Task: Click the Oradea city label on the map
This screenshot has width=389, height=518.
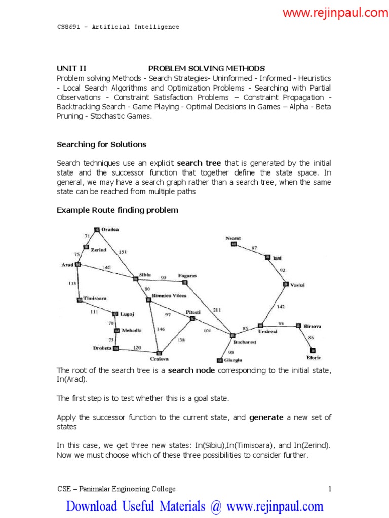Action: pos(110,229)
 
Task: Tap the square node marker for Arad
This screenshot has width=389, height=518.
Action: pos(77,264)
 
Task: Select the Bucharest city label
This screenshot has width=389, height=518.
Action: pos(246,342)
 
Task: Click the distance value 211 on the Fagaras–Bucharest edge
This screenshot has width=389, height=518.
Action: pos(217,310)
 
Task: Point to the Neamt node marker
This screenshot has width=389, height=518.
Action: pos(234,244)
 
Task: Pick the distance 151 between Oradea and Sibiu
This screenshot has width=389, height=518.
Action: pos(123,251)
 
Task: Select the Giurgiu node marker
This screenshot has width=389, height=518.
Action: pos(219,361)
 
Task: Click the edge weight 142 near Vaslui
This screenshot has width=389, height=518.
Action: pos(280,307)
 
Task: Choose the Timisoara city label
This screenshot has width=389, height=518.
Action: pos(95,298)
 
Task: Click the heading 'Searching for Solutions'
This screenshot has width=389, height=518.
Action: pos(101,144)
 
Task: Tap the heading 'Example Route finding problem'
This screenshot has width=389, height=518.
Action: pos(117,210)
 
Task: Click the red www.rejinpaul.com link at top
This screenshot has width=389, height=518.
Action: pos(335,13)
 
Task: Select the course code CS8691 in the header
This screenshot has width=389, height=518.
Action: pos(68,27)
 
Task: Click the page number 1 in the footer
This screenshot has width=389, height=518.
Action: pos(329,489)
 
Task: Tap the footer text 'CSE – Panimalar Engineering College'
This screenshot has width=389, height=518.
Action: pos(116,489)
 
